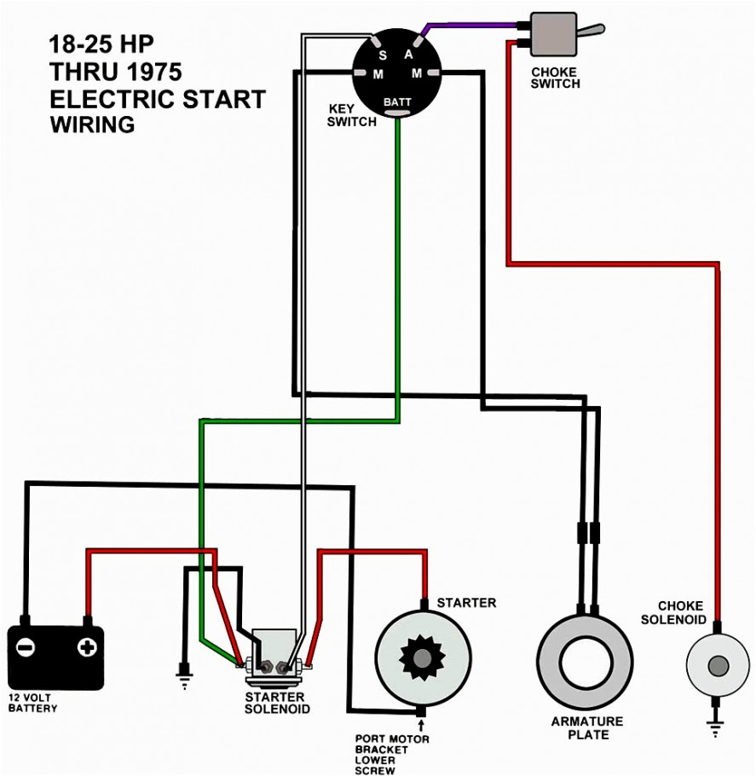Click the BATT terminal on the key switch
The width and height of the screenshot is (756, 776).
[397, 103]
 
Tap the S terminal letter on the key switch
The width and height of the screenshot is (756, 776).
[383, 55]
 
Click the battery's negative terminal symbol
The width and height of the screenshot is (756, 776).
[26, 647]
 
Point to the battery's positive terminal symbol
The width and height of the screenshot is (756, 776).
[86, 647]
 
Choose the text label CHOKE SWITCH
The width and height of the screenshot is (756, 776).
[555, 78]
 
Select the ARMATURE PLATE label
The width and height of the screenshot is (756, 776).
[586, 727]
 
